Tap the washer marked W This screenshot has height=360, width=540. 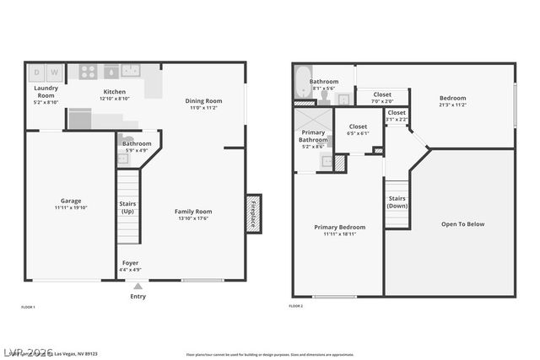[54, 73]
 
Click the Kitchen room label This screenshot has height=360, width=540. [114, 91]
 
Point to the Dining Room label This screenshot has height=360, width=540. [202, 101]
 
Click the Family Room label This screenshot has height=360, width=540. [193, 212]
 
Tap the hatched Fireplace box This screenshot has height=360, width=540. [253, 213]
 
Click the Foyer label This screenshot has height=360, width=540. [130, 263]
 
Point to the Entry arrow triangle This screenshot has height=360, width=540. [138, 287]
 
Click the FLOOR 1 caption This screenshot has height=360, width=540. [28, 307]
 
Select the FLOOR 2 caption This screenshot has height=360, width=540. [296, 307]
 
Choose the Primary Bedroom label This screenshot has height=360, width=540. [339, 227]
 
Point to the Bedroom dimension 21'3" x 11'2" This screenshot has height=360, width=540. [452, 105]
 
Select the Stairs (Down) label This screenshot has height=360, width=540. [397, 201]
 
